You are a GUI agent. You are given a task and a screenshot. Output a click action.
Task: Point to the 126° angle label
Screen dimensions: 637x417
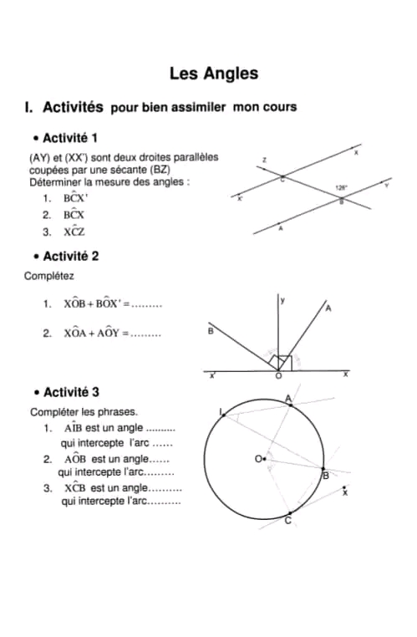tap(340, 187)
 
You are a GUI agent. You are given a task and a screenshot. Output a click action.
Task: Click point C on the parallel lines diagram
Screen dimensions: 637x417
tap(282, 178)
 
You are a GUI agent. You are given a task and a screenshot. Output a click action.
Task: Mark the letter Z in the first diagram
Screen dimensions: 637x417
tap(264, 159)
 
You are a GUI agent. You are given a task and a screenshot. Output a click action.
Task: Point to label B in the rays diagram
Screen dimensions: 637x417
tap(210, 332)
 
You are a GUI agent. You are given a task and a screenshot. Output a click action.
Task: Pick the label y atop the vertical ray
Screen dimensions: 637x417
tap(283, 299)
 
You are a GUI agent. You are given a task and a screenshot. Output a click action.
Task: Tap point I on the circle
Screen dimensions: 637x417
tap(221, 412)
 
